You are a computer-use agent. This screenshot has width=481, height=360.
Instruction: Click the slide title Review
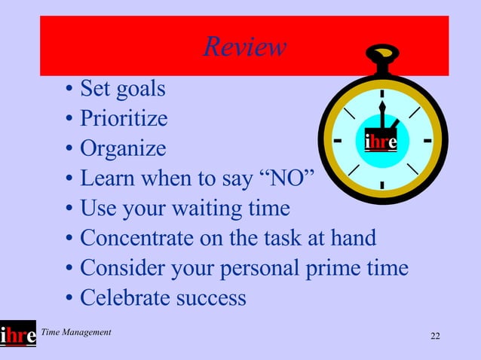coord(244,47)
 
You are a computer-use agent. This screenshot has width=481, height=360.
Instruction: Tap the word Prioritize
coord(124,119)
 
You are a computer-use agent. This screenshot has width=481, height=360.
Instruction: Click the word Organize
coord(122,148)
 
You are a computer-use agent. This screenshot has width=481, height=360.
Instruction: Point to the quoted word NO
coord(290,178)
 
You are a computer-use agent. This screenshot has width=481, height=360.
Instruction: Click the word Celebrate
coord(125,297)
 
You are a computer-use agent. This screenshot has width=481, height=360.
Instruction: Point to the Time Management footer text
coord(76,332)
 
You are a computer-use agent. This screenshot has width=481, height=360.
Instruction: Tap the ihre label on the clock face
coord(381,142)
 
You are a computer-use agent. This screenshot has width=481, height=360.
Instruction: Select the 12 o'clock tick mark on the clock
coord(382,94)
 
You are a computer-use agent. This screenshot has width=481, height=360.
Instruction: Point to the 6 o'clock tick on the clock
coord(382,185)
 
